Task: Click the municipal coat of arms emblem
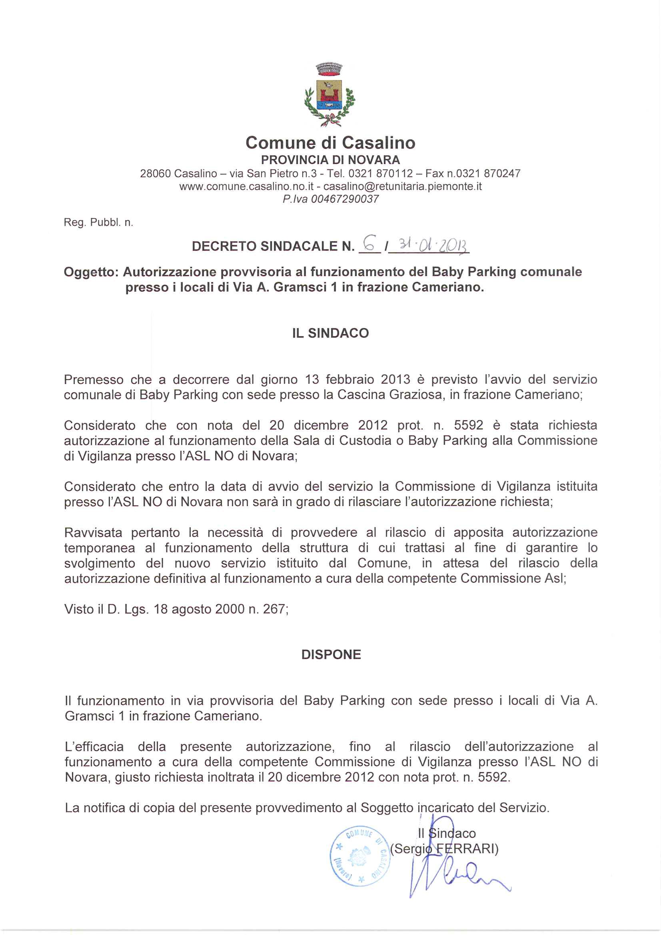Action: coord(330,95)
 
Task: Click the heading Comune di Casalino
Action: coord(330,142)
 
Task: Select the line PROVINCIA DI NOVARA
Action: coord(330,160)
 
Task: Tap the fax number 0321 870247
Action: coord(488,174)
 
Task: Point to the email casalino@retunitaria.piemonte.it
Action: coord(402,186)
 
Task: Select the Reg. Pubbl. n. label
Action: coord(98,222)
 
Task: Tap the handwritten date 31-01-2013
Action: coord(433,246)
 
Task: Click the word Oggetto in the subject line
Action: coord(90,272)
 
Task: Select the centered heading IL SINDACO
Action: coord(330,333)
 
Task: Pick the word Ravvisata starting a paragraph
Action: coord(93,533)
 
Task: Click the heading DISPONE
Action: coord(331,654)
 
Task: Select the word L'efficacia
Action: coord(94,747)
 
